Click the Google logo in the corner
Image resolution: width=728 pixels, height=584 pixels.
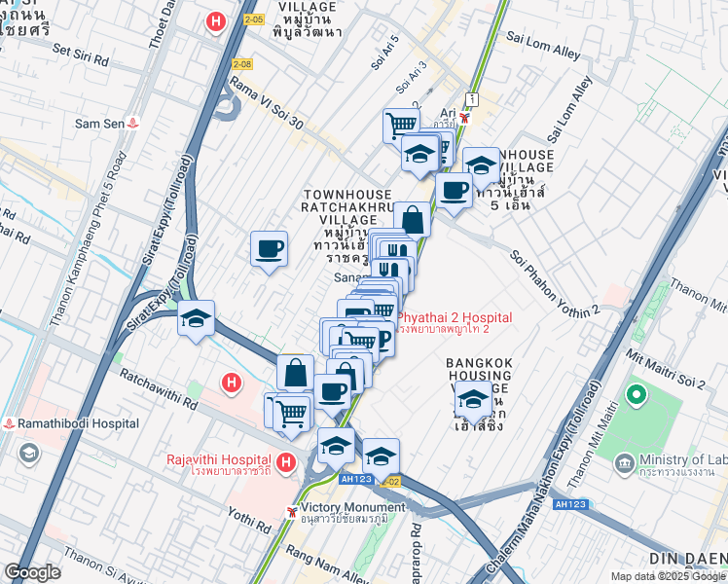tap(32, 572)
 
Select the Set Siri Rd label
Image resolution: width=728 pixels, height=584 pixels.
tap(80, 54)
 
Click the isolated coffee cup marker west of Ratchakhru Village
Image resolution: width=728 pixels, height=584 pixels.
tap(269, 248)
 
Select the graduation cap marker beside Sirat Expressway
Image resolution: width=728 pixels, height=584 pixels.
tap(196, 317)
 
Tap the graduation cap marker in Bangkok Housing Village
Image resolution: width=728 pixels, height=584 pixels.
tap(473, 397)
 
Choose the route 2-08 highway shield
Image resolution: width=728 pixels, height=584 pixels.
tap(242, 63)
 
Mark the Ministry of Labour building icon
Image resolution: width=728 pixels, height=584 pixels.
tap(625, 461)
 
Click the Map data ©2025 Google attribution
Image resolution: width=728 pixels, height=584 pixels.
tap(668, 576)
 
